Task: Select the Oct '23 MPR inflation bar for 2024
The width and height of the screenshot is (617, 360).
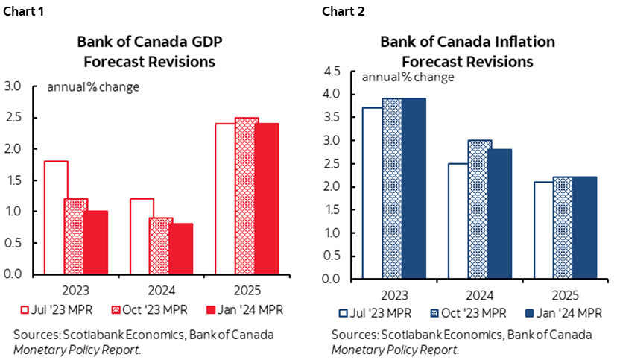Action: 479,209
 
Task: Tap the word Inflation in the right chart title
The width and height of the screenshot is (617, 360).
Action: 505,42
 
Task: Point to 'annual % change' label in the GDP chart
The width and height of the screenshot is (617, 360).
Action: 93,86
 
